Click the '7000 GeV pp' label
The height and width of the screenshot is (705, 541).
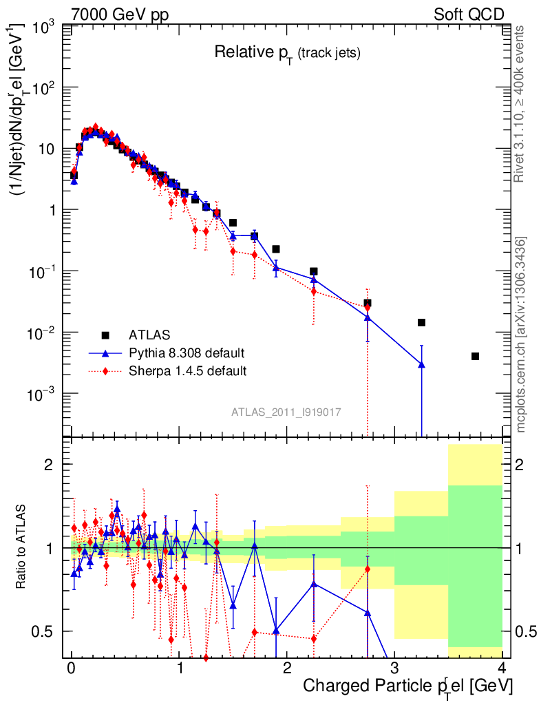(120, 14)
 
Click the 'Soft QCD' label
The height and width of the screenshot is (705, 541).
(469, 14)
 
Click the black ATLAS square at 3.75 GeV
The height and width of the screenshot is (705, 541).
(475, 356)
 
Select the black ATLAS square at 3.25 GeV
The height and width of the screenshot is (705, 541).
(421, 322)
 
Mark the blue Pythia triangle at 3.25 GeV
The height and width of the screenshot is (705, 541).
(421, 364)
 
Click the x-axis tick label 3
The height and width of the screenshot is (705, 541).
(394, 668)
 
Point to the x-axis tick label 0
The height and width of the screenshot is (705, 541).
(71, 668)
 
